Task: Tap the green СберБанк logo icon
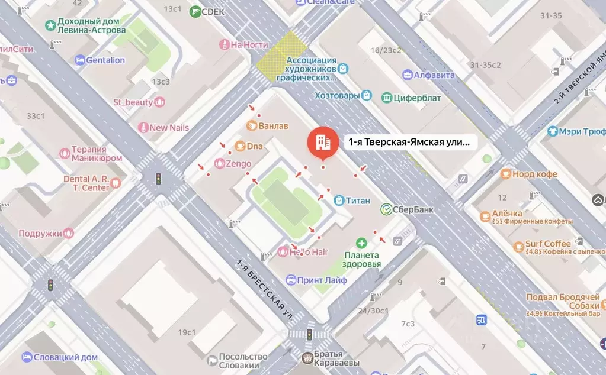click(386, 208)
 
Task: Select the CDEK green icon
click(195, 11)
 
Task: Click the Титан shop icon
click(339, 201)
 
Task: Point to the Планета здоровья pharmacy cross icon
click(361, 243)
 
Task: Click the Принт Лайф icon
click(291, 280)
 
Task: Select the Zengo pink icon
click(219, 164)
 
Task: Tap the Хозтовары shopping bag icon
click(367, 95)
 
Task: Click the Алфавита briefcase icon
click(408, 75)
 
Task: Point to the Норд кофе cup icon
click(505, 174)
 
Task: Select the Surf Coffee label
click(549, 244)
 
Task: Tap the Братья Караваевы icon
click(307, 357)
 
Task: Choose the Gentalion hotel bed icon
click(80, 60)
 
